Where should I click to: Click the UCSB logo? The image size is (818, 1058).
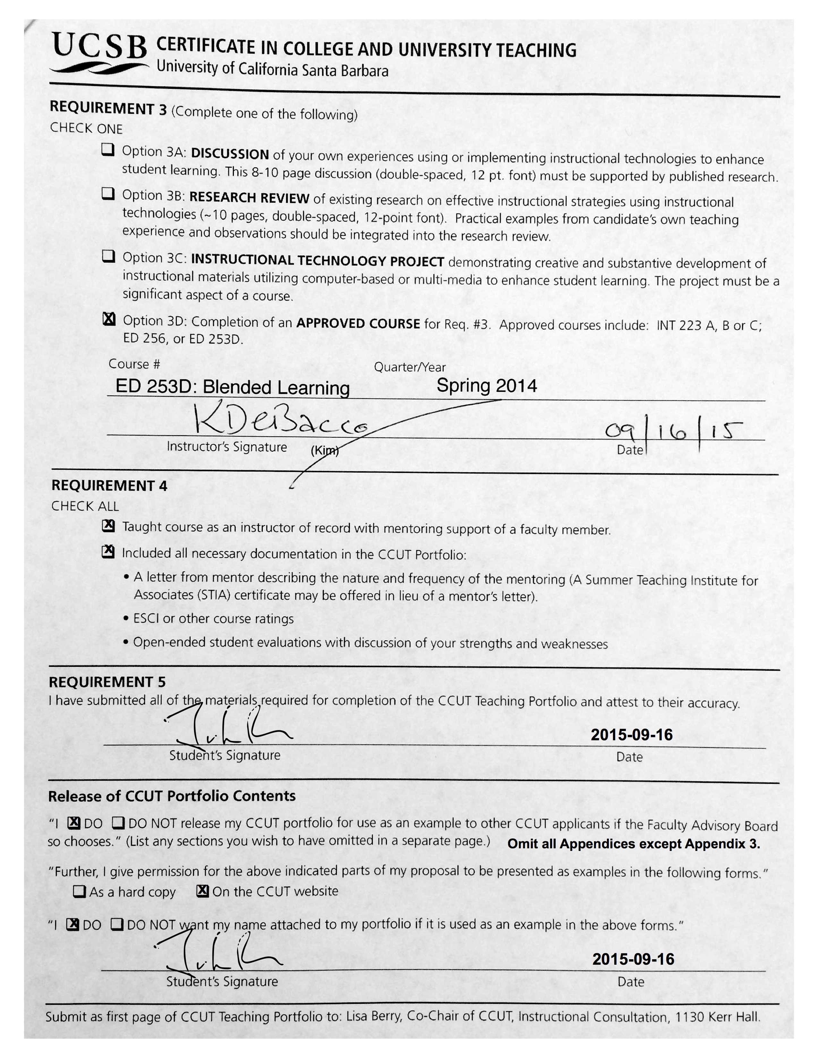click(99, 52)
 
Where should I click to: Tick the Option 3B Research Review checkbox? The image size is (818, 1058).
click(108, 194)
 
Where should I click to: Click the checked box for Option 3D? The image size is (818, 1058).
click(109, 319)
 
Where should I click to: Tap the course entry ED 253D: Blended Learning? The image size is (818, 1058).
click(233, 387)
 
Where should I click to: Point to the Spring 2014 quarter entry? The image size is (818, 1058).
click(487, 386)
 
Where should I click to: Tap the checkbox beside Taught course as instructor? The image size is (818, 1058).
click(108, 526)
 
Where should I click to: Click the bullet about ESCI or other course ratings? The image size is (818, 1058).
click(213, 619)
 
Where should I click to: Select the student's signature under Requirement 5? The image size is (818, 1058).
click(228, 726)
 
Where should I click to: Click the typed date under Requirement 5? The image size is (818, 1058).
click(631, 735)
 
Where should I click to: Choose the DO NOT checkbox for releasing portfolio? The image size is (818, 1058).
click(119, 823)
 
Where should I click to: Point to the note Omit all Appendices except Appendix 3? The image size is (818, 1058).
click(633, 844)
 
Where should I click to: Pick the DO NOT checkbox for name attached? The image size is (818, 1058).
click(117, 925)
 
